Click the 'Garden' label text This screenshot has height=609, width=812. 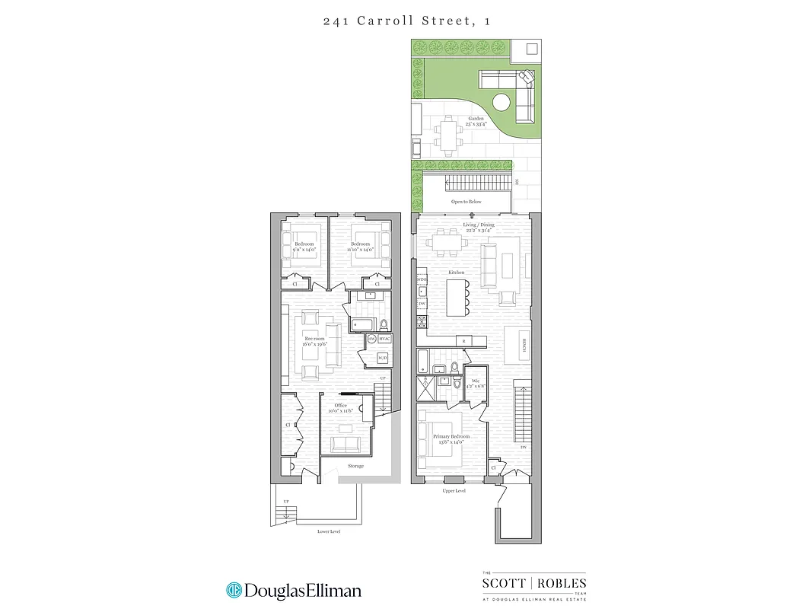click(x=476, y=119)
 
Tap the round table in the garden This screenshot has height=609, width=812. click(x=502, y=101)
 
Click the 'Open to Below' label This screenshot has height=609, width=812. click(x=467, y=202)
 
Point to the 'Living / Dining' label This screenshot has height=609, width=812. click(x=479, y=225)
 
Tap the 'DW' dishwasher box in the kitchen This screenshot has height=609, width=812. click(x=422, y=304)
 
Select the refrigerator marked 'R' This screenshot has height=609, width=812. click(x=460, y=340)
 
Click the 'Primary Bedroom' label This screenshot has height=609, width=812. click(x=451, y=436)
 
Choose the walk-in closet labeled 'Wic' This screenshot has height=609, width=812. click(x=475, y=380)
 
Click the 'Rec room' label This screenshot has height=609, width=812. click(x=314, y=339)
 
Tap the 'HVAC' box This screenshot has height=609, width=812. click(x=384, y=339)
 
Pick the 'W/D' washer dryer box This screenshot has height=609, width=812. click(x=383, y=358)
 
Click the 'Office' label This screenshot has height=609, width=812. click(x=340, y=405)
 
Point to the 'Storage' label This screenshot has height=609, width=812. click(x=355, y=466)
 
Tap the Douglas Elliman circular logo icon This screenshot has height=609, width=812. click(x=234, y=590)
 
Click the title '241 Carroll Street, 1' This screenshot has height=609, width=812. click(x=406, y=21)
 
